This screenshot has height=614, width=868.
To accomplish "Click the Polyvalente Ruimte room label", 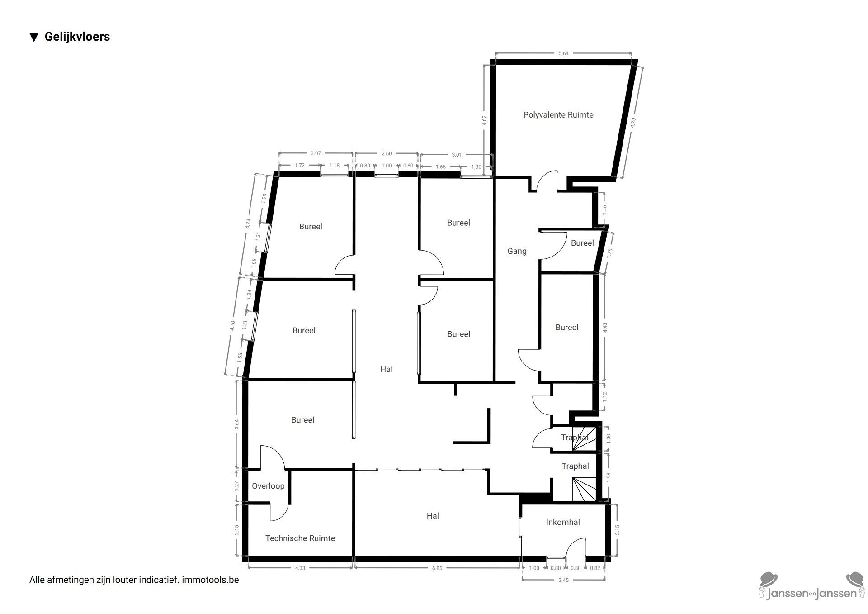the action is click(x=558, y=115).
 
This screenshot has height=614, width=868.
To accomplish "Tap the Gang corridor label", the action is click(x=517, y=251).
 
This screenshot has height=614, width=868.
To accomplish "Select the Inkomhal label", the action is click(x=563, y=522).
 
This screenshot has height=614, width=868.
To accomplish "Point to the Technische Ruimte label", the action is click(x=300, y=538).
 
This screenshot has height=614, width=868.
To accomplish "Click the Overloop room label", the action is click(x=268, y=486).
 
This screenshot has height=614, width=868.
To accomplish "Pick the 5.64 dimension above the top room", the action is click(x=563, y=53).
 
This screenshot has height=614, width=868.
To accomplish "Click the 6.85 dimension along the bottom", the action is click(x=437, y=568).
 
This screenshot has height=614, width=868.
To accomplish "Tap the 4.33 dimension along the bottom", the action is click(x=300, y=568).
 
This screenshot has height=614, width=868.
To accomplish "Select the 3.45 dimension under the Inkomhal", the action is click(x=563, y=580).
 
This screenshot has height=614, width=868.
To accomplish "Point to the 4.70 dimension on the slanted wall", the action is click(x=633, y=123).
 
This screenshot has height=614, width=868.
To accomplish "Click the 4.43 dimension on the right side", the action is click(x=605, y=328).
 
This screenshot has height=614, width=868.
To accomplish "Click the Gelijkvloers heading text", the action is click(x=77, y=37).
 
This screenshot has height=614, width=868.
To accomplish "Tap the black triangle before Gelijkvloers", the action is click(x=34, y=37).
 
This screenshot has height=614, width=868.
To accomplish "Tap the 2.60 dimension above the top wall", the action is click(x=387, y=153).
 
